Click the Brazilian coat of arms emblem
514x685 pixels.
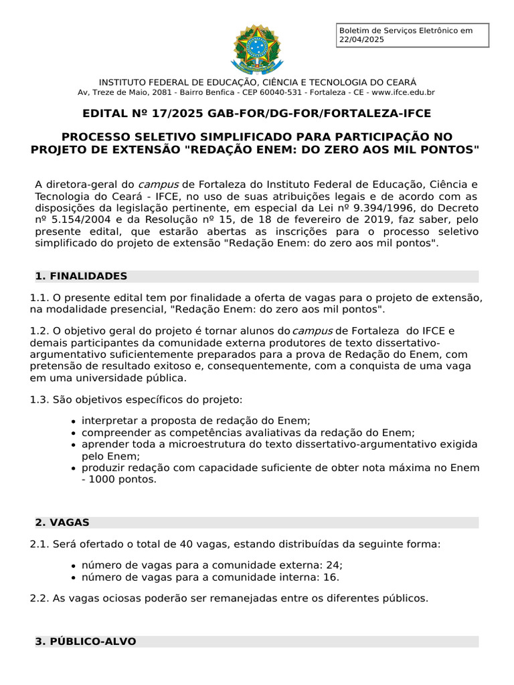[257, 48]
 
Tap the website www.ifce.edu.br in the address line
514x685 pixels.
[403, 92]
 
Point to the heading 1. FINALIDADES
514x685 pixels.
[81, 276]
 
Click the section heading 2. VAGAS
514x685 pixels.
[62, 522]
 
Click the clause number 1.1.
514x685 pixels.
[39, 298]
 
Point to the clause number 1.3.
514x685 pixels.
[39, 399]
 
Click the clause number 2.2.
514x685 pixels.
[39, 598]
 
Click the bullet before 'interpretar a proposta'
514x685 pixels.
[73, 421]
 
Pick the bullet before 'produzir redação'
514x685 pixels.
[73, 468]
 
